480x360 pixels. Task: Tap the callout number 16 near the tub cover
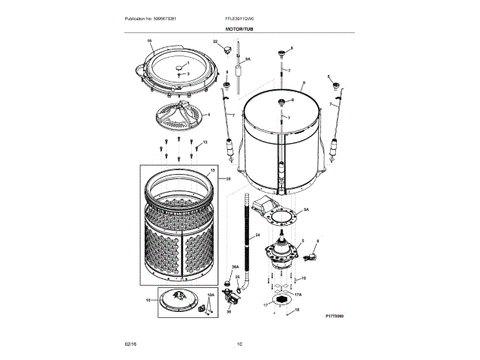click(x=148, y=40)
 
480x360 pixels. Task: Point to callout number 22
click(x=215, y=41)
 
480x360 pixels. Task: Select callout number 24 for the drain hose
click(x=256, y=235)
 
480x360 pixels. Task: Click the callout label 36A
click(x=235, y=267)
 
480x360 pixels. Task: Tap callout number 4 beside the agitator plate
click(x=208, y=115)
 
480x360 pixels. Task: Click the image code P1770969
click(x=340, y=317)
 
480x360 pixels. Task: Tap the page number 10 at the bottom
click(x=239, y=343)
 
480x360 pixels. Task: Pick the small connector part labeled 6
click(x=310, y=258)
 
